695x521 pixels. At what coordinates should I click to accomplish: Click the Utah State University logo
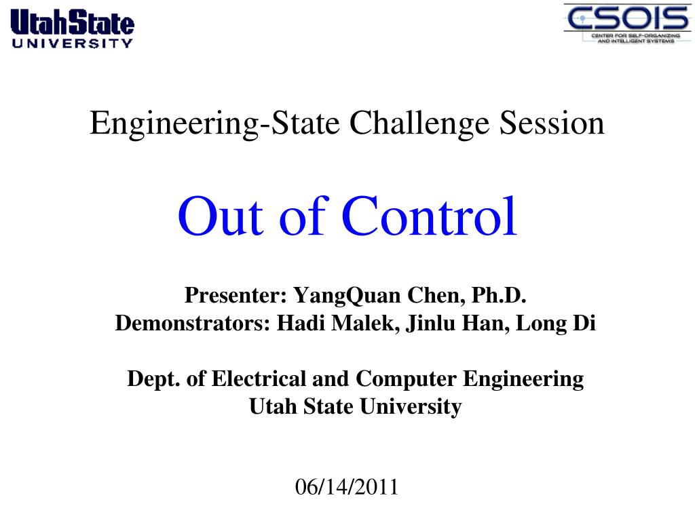72,28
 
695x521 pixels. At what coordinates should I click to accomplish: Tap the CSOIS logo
627,24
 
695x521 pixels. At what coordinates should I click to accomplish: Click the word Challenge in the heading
419,123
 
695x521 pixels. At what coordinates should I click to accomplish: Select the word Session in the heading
552,123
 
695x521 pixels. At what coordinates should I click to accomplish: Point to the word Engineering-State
214,123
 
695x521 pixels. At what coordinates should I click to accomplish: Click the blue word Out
221,216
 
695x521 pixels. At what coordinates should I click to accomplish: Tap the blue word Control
429,216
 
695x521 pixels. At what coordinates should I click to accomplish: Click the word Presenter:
236,295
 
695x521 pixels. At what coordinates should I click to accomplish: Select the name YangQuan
347,296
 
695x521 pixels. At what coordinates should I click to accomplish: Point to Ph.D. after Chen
499,295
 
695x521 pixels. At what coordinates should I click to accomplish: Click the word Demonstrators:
193,323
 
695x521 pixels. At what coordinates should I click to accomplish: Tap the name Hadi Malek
335,323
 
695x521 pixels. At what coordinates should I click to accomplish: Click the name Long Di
556,324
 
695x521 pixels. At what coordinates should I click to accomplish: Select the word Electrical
259,379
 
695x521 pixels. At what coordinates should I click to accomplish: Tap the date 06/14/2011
347,487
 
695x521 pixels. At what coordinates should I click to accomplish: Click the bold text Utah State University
356,407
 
